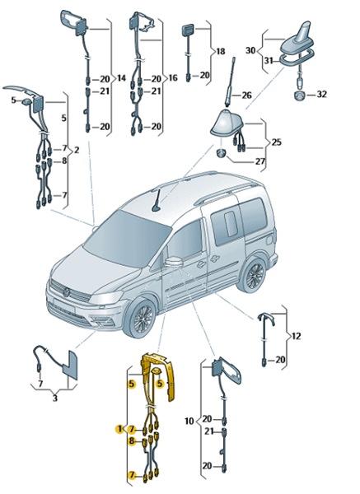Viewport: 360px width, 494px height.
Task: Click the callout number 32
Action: (321, 94)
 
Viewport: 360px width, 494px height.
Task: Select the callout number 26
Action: (246, 95)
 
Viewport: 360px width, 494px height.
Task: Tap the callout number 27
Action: (259, 161)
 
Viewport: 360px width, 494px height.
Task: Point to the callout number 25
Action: (276, 142)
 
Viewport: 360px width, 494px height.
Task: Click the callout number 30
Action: (251, 50)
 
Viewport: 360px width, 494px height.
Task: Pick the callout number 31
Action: (269, 60)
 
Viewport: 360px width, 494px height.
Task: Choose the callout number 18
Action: (220, 51)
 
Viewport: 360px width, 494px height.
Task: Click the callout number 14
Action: (121, 78)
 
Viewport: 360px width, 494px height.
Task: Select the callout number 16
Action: (173, 78)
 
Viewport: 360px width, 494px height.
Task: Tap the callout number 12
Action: (296, 336)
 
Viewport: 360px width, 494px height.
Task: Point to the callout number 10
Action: (189, 421)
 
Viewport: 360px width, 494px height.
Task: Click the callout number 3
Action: (55, 398)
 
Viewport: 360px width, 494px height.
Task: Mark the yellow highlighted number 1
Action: (119, 429)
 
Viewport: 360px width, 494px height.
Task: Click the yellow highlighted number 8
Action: (132, 441)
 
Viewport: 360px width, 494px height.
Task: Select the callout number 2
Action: (76, 151)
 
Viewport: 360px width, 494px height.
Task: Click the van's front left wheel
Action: (141, 319)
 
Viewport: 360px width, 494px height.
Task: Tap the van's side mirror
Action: (174, 261)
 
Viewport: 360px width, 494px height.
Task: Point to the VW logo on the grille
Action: (67, 292)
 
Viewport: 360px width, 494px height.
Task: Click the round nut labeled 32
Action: (299, 96)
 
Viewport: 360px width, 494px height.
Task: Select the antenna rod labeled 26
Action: (231, 82)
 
